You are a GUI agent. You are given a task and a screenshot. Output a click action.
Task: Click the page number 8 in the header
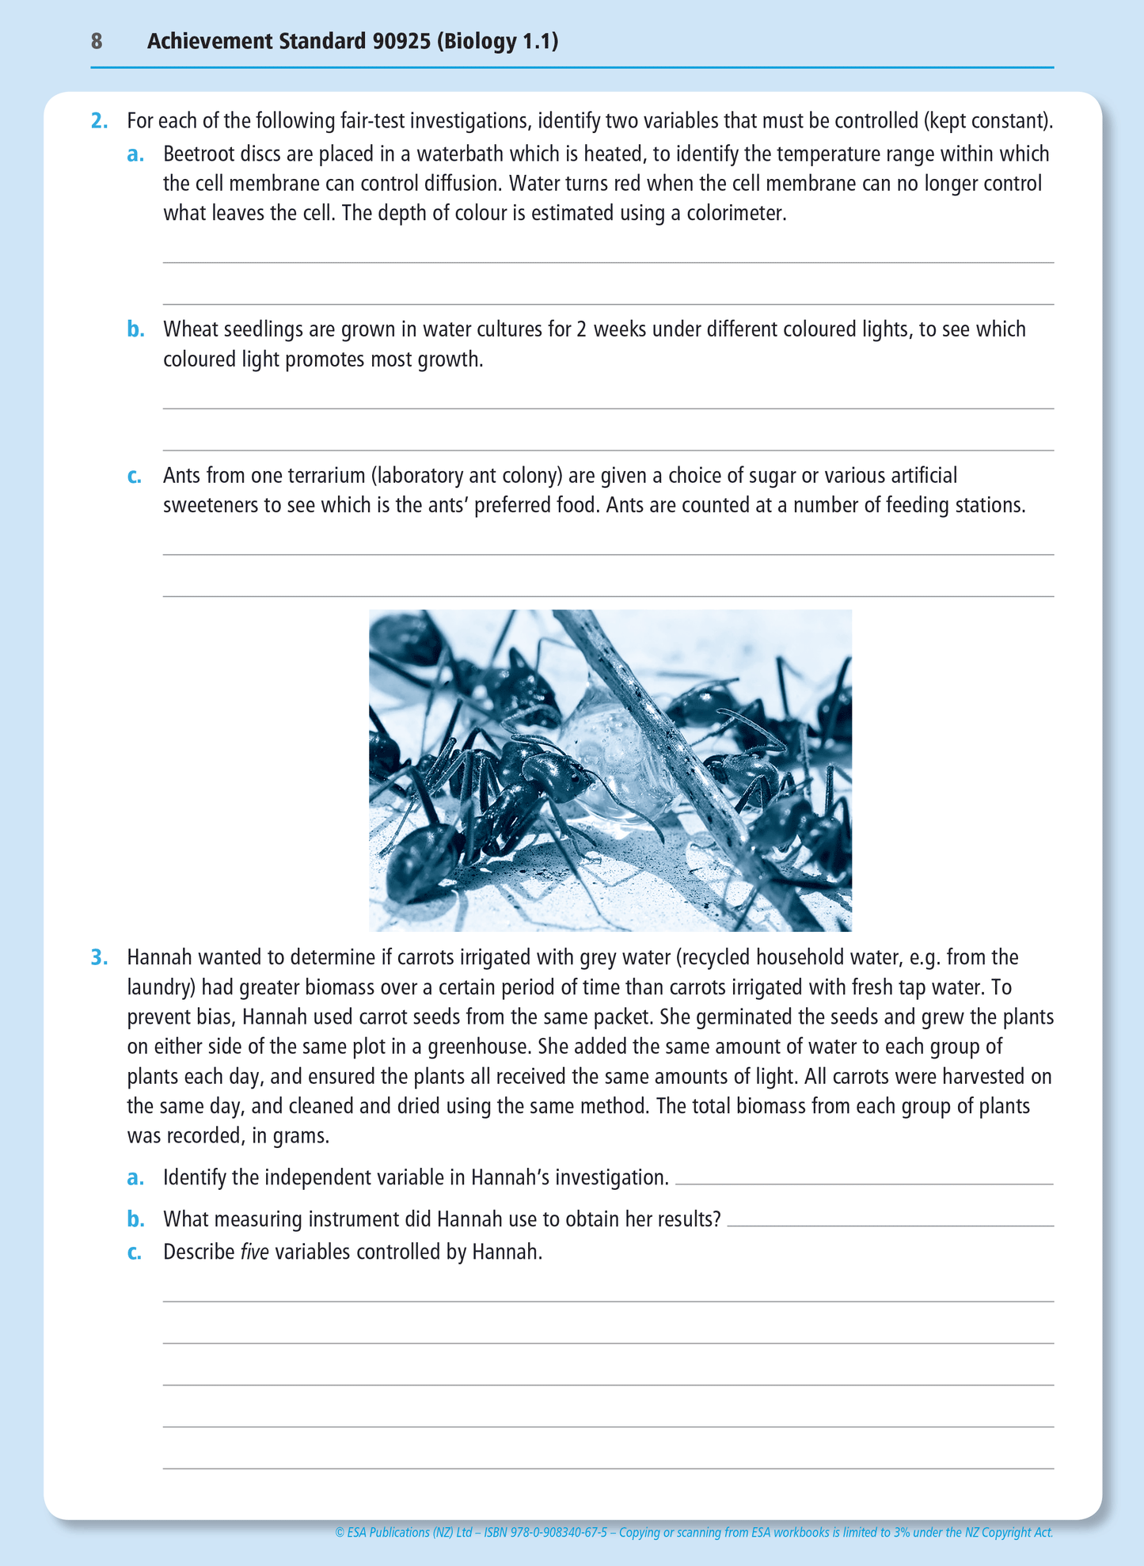point(97,41)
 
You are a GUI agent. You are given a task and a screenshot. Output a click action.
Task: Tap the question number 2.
point(99,121)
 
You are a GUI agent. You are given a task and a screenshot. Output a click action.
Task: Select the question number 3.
point(99,958)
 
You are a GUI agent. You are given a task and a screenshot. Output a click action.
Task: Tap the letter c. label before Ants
point(135,477)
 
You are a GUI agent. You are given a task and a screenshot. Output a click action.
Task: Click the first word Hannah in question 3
point(160,958)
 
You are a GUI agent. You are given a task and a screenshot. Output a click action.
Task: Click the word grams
point(301,1137)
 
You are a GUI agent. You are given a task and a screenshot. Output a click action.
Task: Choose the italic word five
point(254,1252)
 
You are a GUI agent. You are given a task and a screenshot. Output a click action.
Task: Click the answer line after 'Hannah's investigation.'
point(863,1182)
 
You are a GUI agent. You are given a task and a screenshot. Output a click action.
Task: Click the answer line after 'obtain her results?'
point(890,1224)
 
